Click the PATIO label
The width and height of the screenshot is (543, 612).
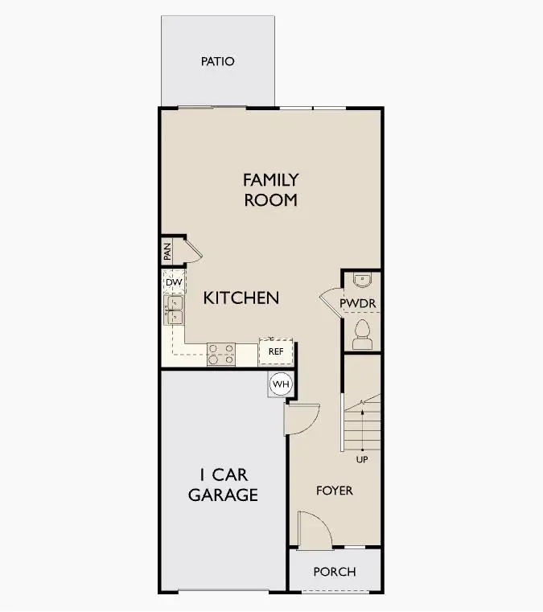[x=217, y=61]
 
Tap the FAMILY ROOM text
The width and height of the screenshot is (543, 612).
[x=270, y=190]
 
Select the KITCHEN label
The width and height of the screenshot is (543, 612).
[x=241, y=298]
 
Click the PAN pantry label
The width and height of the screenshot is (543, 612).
[x=167, y=252]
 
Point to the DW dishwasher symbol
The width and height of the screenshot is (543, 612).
[x=174, y=281]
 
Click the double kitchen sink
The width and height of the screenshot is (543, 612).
[x=174, y=310]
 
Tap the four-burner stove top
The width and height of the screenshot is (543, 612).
[x=221, y=355]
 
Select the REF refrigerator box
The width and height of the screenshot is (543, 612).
[x=276, y=351]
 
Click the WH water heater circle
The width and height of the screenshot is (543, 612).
[x=281, y=384]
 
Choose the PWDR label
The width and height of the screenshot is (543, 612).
[x=358, y=303]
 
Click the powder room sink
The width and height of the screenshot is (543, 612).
[x=362, y=279]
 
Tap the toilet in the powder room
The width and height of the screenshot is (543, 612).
[x=362, y=335]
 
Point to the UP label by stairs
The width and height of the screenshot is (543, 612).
[x=362, y=460]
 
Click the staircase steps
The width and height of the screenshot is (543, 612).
[x=362, y=423]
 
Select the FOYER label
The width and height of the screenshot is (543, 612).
[x=335, y=491]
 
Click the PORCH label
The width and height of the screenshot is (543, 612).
[x=335, y=572]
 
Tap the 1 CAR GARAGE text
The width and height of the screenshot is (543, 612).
[x=224, y=485]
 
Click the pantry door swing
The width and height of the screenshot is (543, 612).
[x=194, y=250]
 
